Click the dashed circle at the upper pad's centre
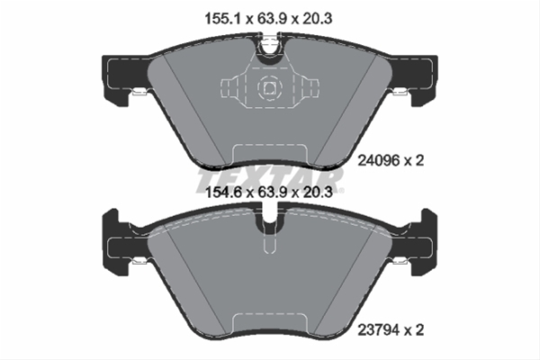(268, 88)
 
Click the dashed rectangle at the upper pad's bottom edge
(268, 157)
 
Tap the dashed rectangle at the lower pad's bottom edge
(268, 325)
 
